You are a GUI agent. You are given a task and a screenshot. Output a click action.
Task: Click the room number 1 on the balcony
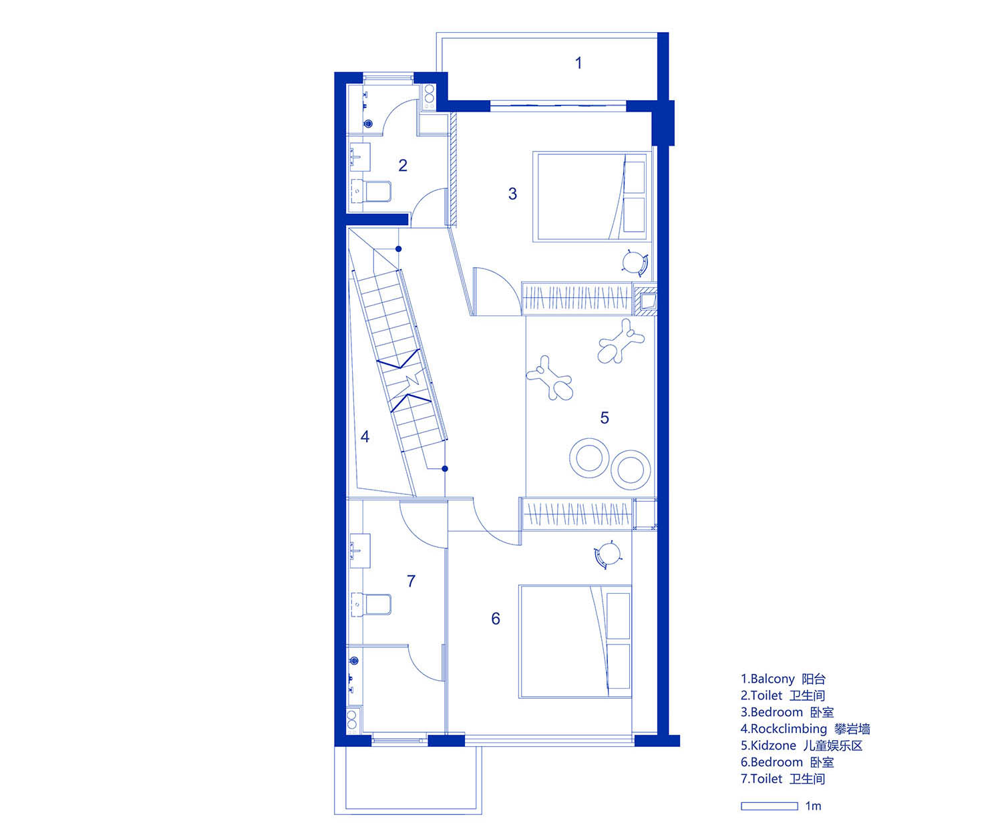578,63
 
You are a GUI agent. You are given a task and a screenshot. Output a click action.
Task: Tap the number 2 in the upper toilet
403,165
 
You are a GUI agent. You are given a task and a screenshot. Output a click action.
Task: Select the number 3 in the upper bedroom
512,194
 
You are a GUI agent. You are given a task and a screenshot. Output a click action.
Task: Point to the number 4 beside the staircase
365,437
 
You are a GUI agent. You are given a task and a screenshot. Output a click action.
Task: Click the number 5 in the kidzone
605,417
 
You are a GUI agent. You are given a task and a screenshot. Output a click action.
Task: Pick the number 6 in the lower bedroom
496,619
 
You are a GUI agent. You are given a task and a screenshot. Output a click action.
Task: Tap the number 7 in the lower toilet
411,581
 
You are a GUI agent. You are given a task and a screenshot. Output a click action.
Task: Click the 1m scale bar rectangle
770,806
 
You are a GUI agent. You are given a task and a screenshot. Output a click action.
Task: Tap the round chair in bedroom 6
608,555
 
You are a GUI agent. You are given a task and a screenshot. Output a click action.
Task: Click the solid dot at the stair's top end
398,248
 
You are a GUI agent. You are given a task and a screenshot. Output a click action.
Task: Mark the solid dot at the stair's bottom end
445,468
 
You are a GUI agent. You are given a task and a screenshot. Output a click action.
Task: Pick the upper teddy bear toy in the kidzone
621,341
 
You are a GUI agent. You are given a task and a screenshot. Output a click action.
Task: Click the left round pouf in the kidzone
589,458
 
